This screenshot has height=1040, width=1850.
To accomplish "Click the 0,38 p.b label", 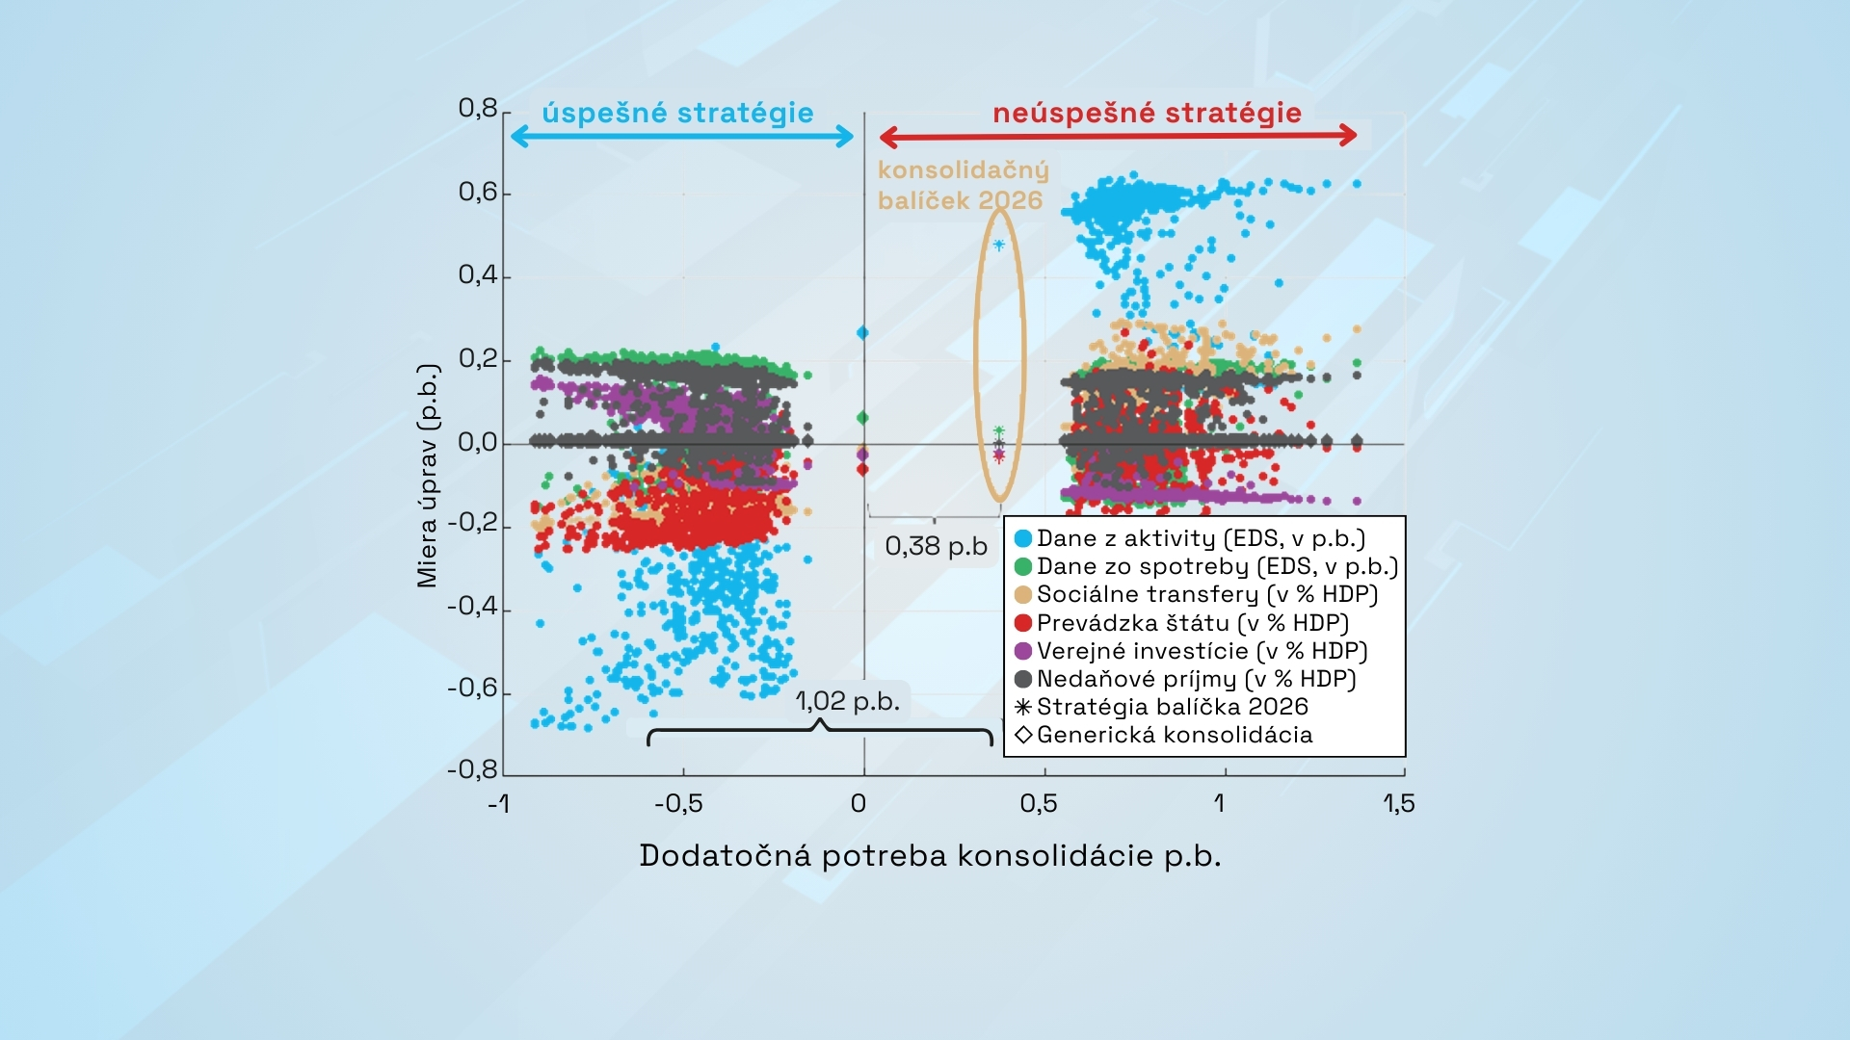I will point(936,546).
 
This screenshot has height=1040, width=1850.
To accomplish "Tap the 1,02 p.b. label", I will point(847,701).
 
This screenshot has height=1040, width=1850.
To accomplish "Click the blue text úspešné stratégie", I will point(677,113).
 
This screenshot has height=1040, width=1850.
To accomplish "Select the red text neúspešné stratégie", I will point(1147,113).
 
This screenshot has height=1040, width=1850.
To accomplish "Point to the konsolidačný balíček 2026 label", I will point(962,185).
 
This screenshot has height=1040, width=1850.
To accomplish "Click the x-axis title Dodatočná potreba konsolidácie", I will point(930,855).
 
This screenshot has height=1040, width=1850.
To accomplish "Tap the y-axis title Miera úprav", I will point(427,476).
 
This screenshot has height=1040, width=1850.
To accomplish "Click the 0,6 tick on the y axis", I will point(478,193).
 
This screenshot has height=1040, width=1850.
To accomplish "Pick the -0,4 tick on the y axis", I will point(472,607).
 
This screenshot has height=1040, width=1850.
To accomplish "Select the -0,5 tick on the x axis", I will point(678,803).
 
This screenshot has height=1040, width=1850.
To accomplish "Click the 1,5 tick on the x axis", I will point(1399,803).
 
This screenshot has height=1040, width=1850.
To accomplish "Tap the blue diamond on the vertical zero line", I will point(863,333).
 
